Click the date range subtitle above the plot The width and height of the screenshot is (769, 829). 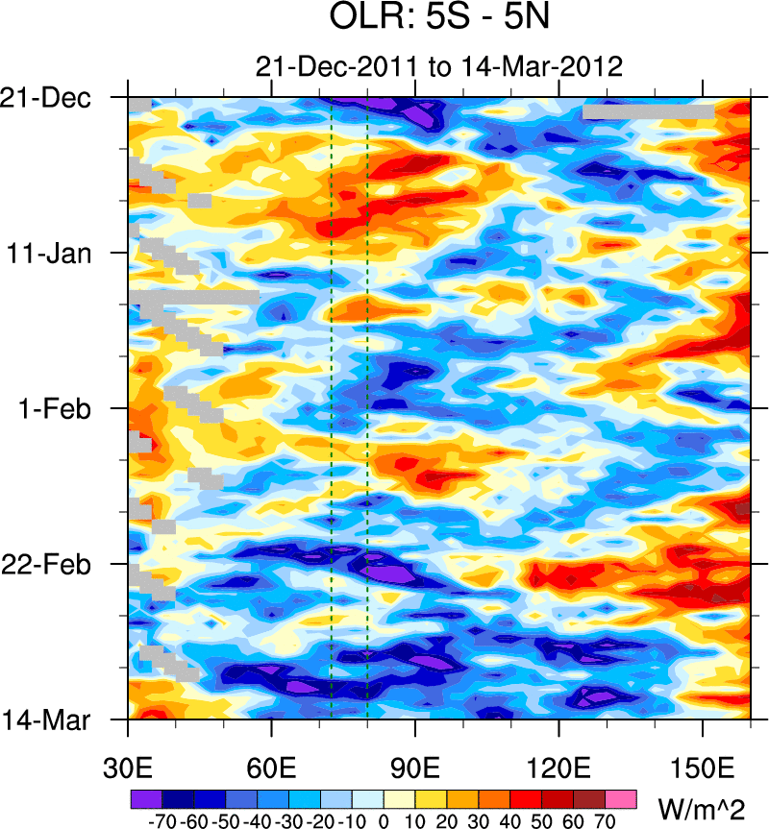pyautogui.click(x=439, y=67)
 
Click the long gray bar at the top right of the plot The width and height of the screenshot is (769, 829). pyautogui.click(x=648, y=112)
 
